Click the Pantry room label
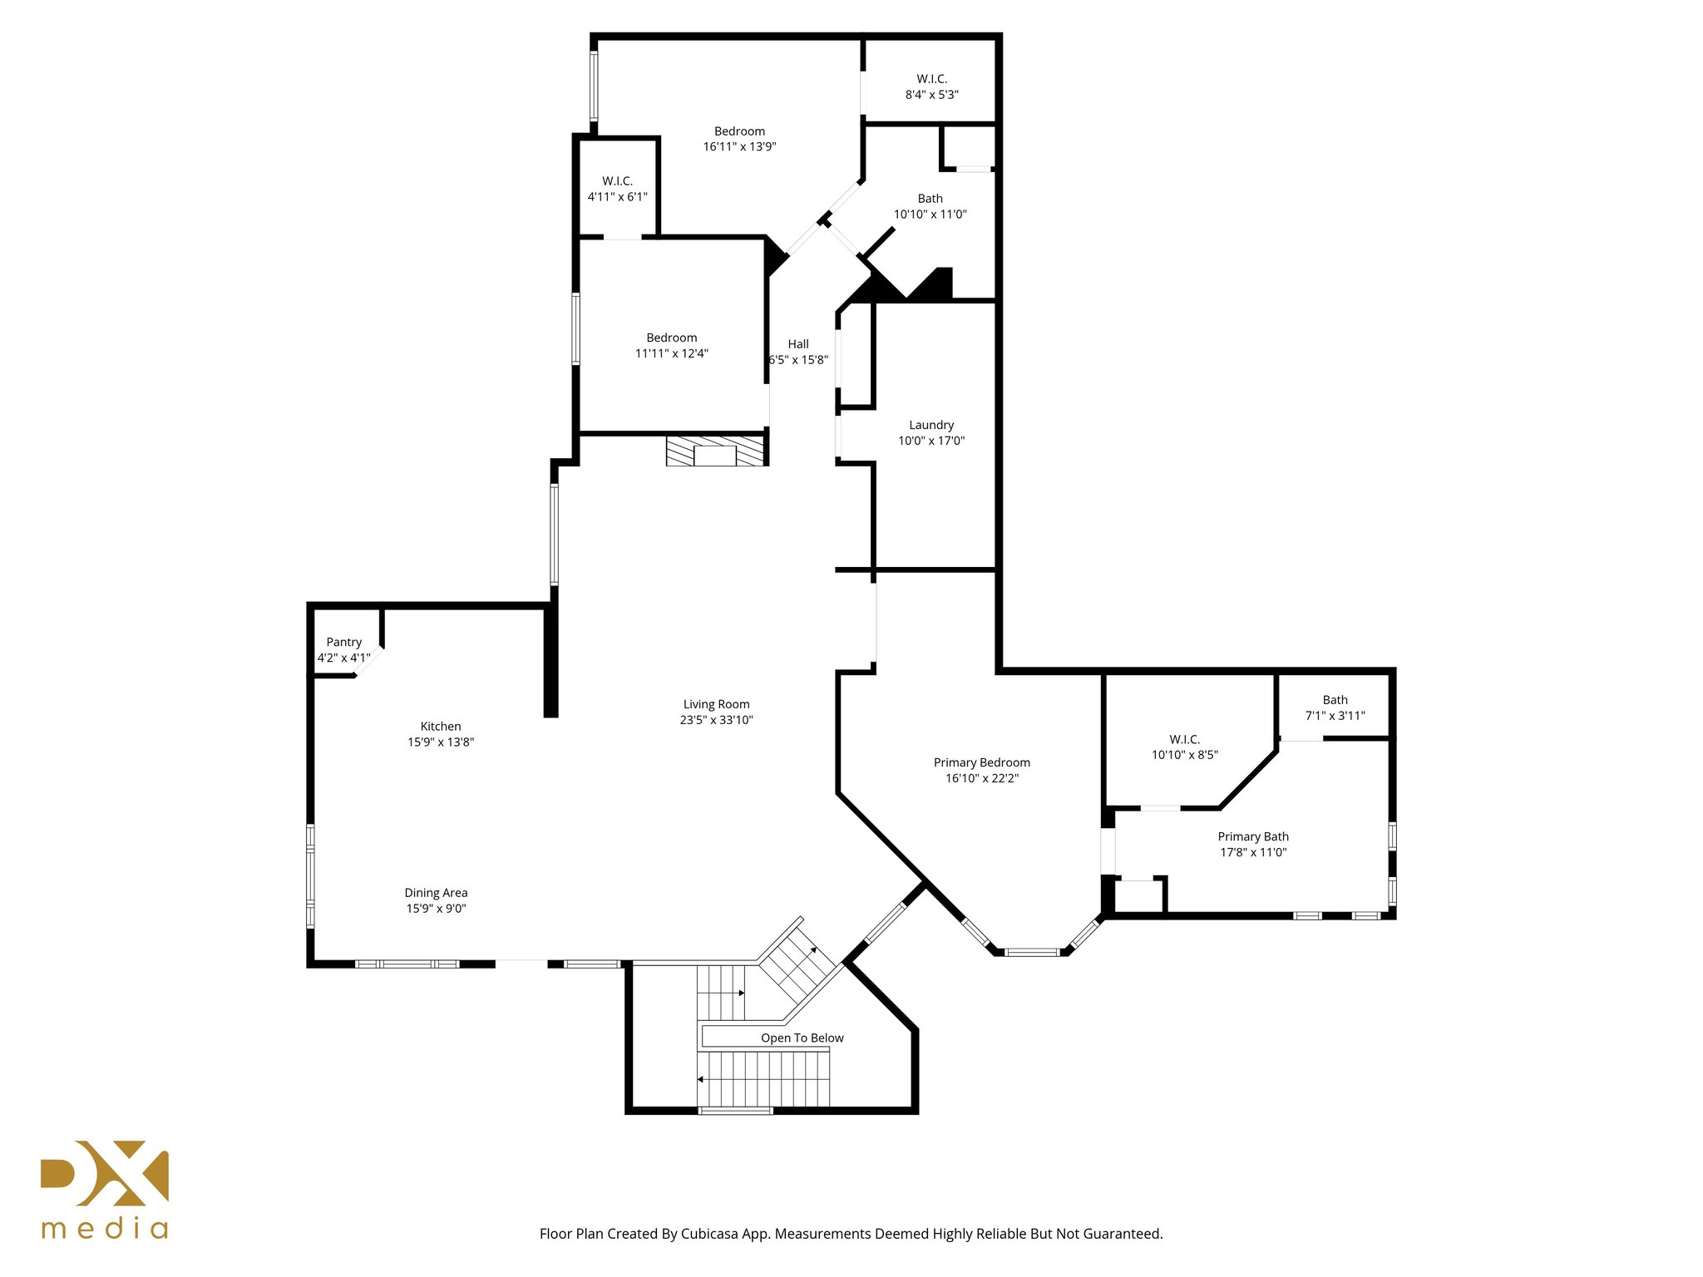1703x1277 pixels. [343, 642]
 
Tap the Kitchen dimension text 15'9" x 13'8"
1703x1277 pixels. [440, 742]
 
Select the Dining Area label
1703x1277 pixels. [436, 893]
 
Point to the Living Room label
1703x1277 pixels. [716, 704]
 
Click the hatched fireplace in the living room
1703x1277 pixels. [715, 450]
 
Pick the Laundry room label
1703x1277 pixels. [930, 425]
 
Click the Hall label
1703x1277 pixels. [798, 344]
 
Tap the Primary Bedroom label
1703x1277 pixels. [981, 762]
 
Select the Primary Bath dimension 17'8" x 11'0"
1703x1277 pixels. [1252, 852]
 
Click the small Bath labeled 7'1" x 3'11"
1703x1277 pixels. [1335, 708]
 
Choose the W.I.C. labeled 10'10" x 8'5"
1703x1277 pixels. [1184, 747]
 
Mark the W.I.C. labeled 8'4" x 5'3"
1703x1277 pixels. [931, 86]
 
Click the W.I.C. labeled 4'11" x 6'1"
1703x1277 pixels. [617, 189]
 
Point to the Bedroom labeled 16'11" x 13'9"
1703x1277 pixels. [739, 139]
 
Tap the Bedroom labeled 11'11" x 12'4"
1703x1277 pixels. [671, 345]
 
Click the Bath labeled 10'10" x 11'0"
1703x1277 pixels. [930, 206]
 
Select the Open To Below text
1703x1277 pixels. [802, 1038]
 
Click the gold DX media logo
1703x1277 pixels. [105, 1189]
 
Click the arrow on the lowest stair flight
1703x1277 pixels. [701, 1079]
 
